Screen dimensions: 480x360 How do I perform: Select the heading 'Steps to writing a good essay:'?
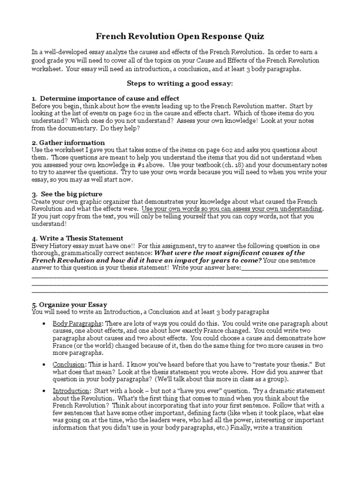tap(180, 83)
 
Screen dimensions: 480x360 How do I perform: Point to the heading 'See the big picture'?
tap(71, 194)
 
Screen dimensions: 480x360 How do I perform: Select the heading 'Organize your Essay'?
tap(73, 304)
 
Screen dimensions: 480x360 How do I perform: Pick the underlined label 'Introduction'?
tap(71, 390)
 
